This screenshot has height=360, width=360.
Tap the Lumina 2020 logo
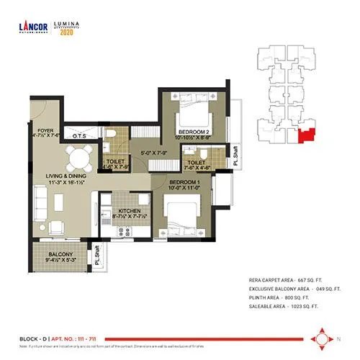pos(70,27)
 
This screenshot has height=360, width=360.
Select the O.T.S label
pos(80,135)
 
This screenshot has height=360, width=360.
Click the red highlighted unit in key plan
pos(307,135)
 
